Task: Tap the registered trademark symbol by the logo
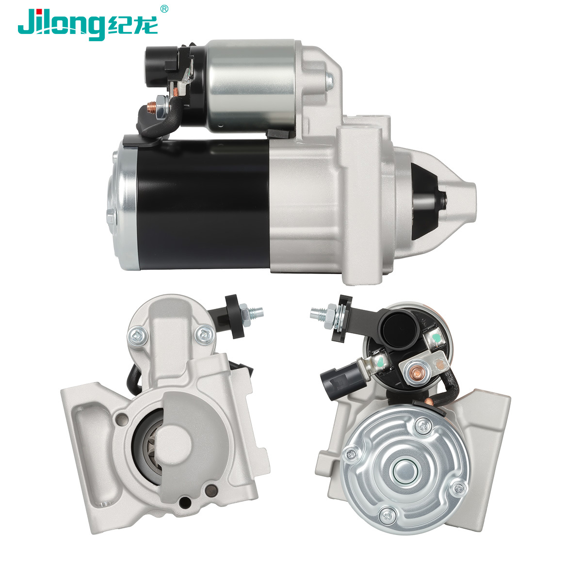pyautogui.click(x=164, y=9)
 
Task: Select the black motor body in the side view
pyautogui.click(x=203, y=205)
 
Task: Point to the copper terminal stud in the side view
pyautogui.click(x=150, y=107)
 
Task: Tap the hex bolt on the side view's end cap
pyautogui.click(x=111, y=216)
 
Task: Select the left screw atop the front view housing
pyautogui.click(x=138, y=336)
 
